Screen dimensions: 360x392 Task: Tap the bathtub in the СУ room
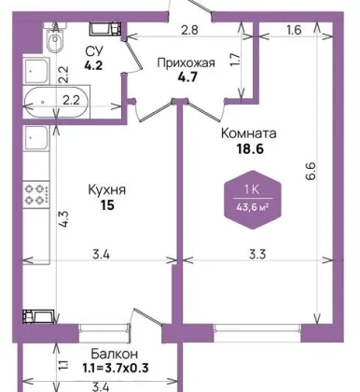pos(57,102)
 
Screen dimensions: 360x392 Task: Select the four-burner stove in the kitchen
pos(36,194)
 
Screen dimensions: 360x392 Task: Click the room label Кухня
pos(107,189)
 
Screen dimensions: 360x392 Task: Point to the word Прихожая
pos(186,63)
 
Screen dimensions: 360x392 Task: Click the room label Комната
pos(249,133)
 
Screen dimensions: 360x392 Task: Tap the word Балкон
pos(114,354)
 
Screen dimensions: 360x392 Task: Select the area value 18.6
pos(250,149)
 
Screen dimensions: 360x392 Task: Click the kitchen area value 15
pos(107,205)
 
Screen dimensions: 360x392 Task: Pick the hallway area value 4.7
pos(187,77)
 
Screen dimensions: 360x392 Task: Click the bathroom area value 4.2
pos(93,65)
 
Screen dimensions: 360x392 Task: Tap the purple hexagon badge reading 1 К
pos(253,200)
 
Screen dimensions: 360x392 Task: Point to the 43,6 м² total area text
pos(253,207)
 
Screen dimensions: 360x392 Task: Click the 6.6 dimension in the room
pos(312,171)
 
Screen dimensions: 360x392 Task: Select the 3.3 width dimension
pos(257,255)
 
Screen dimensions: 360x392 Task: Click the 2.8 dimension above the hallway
pos(189,30)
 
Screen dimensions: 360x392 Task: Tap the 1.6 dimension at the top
pos(294,30)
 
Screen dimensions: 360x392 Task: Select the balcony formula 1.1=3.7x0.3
pos(116,369)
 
